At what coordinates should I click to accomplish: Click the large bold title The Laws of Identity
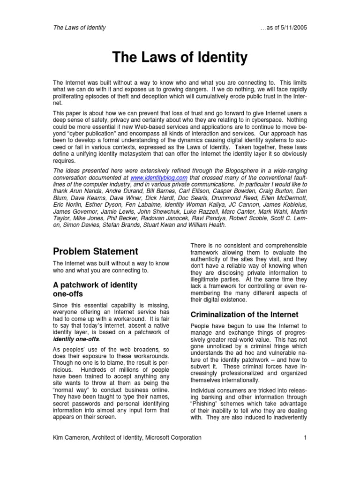(x=180, y=58)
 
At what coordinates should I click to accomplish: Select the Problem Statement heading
(x=95, y=251)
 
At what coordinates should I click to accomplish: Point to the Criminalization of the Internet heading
(x=244, y=314)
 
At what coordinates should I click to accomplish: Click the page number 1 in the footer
(x=305, y=437)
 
